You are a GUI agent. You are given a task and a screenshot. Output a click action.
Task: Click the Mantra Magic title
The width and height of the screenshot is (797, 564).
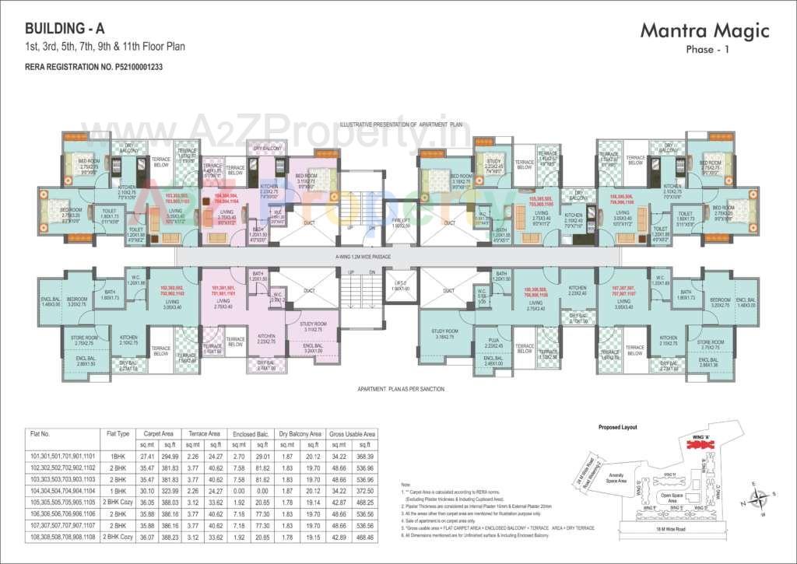click(704, 31)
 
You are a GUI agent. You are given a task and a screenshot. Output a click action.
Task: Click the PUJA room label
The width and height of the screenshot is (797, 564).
click(493, 345)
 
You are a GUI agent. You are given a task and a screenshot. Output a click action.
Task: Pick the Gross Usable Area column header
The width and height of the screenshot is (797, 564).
click(352, 433)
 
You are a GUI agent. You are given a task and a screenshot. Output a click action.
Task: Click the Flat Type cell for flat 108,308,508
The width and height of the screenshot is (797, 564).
click(118, 537)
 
